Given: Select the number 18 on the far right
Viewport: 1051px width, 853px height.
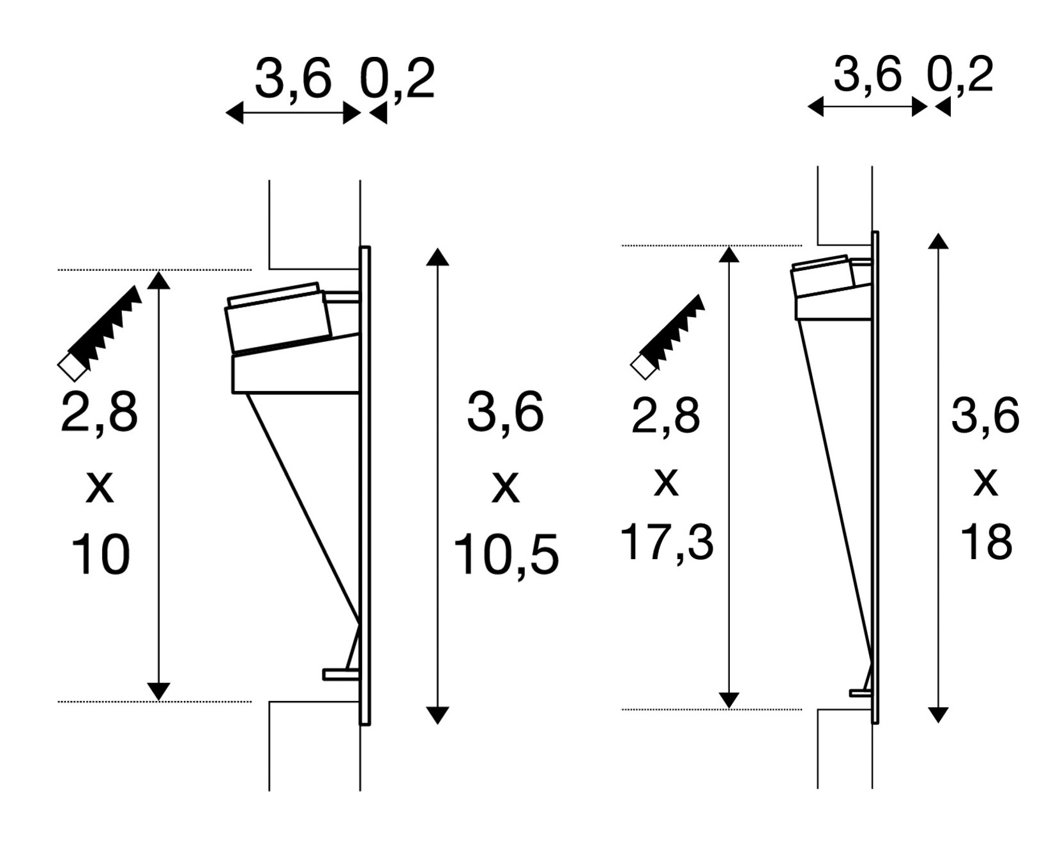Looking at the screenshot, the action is pyautogui.click(x=986, y=542).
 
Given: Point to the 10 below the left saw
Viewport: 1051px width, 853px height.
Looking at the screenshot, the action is pyautogui.click(x=100, y=555).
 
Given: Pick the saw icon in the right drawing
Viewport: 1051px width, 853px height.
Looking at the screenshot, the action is pyautogui.click(x=668, y=337).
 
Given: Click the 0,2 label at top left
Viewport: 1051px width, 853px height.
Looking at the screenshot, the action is pyautogui.click(x=397, y=79).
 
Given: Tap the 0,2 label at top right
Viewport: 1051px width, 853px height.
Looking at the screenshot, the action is pyautogui.click(x=960, y=75).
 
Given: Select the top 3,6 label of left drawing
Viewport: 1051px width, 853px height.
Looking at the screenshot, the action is pyautogui.click(x=293, y=79).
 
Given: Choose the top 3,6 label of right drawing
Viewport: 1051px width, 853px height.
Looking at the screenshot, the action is pyautogui.click(x=867, y=74).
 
